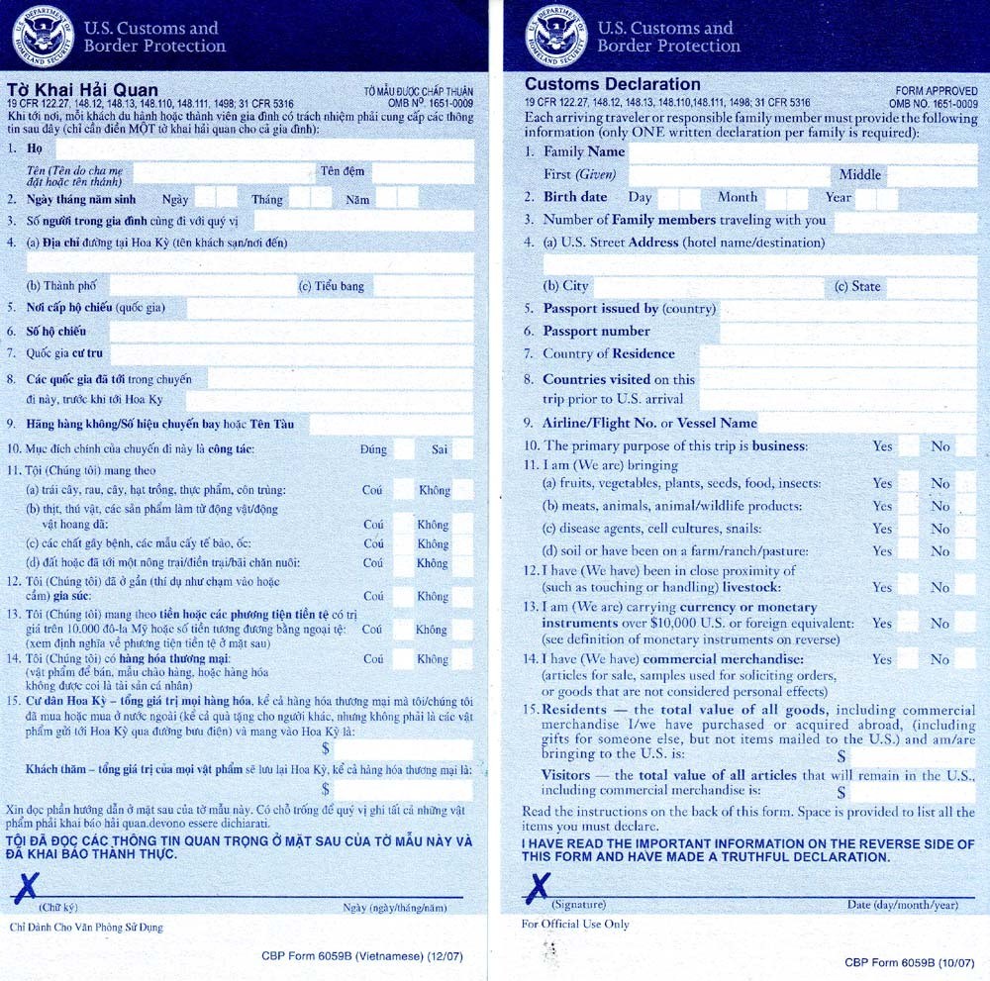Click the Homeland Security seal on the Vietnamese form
coord(43,36)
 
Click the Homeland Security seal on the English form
coord(556,36)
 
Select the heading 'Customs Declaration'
coord(612,84)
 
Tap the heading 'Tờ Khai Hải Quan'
coord(82,90)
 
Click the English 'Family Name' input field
coord(802,152)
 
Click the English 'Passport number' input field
coord(846,332)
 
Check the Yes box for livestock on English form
coord(909,587)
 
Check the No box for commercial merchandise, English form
coord(966,659)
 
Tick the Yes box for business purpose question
coord(909,446)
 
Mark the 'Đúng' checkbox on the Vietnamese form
coord(404,449)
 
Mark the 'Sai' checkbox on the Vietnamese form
coord(462,449)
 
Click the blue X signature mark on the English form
coord(541,884)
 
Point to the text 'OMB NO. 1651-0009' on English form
coord(933,103)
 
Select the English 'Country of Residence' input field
coord(838,354)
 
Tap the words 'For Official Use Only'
coord(575,925)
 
